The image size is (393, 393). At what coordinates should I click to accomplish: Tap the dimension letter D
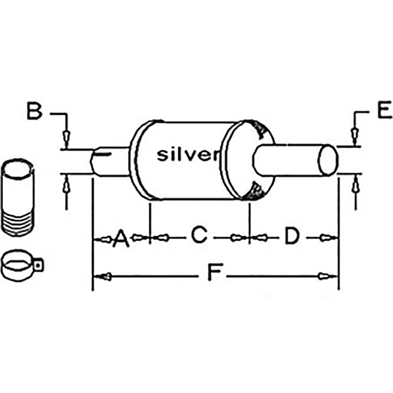292,236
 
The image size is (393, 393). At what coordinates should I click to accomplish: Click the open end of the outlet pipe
328,160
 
